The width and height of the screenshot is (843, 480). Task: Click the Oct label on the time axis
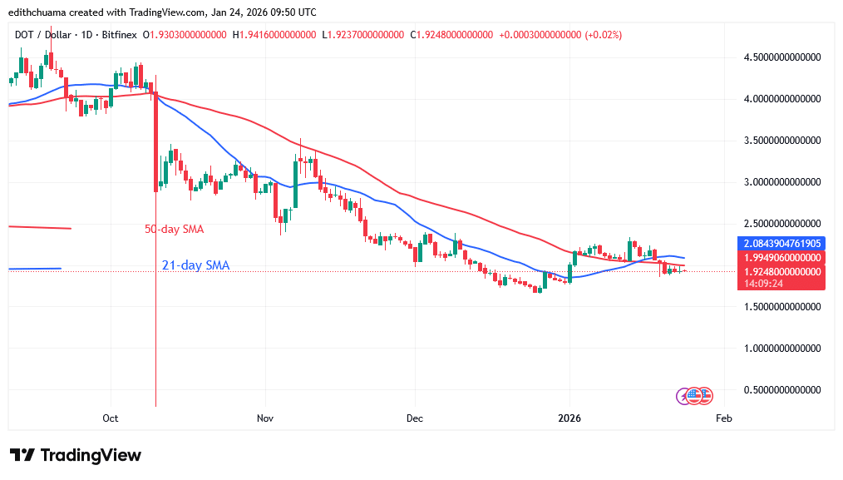(x=111, y=418)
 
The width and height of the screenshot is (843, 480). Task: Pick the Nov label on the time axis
(x=264, y=418)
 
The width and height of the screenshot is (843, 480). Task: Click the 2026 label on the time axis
(x=569, y=418)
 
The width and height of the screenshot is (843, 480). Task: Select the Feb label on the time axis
(x=723, y=418)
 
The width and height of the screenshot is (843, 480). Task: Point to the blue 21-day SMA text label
(x=195, y=265)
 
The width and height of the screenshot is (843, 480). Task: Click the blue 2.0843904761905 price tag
(x=781, y=244)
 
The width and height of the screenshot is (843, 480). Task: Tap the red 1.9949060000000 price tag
(x=781, y=258)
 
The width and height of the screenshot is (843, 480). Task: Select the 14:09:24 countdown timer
(x=763, y=283)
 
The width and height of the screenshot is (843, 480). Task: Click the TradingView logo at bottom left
(x=76, y=455)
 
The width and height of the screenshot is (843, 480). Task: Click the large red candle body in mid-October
(x=155, y=141)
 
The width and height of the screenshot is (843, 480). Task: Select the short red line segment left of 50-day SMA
(x=39, y=227)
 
